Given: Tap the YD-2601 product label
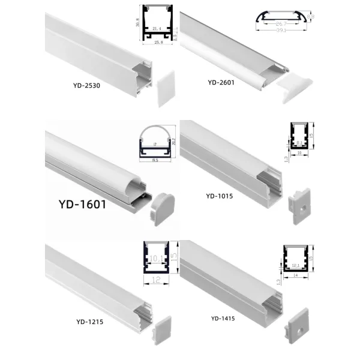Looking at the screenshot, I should pyautogui.click(x=221, y=82).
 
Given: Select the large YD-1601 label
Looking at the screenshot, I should pyautogui.click(x=83, y=204).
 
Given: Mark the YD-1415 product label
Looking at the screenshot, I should pyautogui.click(x=224, y=318).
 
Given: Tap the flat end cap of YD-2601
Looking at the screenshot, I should pyautogui.click(x=298, y=85).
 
